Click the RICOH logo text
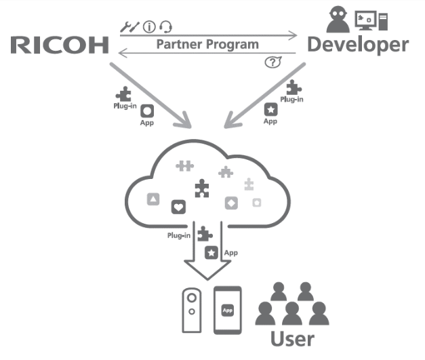coord(60,45)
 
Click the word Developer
coord(358,45)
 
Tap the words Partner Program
coord(207,45)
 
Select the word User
coord(292,338)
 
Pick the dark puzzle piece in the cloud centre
coord(201,187)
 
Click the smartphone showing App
coord(228,309)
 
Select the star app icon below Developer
coord(271,109)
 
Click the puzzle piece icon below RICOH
coord(124,96)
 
